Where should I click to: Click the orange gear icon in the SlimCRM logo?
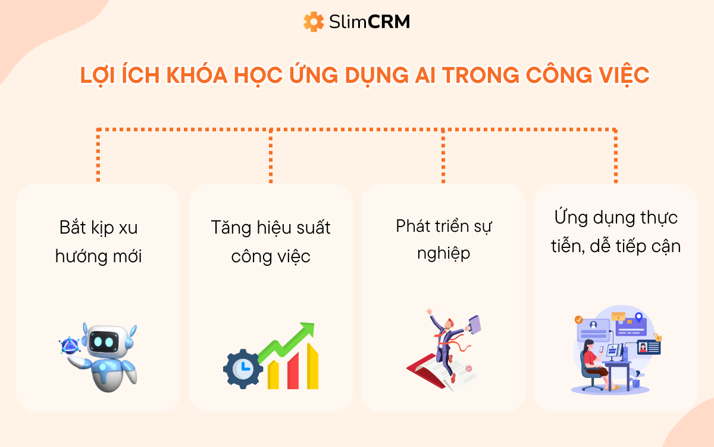click(x=313, y=22)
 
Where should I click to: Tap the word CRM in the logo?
click(x=389, y=23)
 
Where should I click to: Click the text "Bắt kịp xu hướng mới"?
click(x=98, y=242)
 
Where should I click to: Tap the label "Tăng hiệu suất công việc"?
click(x=271, y=242)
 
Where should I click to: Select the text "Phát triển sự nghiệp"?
click(x=443, y=240)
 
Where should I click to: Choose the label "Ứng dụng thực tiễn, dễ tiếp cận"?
click(x=616, y=231)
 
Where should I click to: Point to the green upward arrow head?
click(x=306, y=330)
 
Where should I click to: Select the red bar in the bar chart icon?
click(x=292, y=373)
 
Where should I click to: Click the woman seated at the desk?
click(x=593, y=360)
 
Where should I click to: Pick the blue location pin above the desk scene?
click(x=638, y=317)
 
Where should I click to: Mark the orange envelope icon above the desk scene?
click(x=618, y=316)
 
